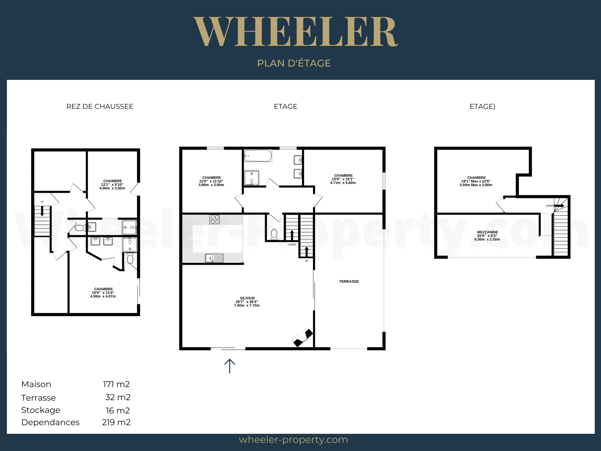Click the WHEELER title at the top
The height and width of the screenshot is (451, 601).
tap(296, 32)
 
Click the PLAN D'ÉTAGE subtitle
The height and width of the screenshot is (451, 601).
tap(294, 63)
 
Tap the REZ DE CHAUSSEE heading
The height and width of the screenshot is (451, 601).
tap(100, 106)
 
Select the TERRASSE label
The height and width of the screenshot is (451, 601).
tap(349, 281)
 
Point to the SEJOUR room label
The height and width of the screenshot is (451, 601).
tap(247, 302)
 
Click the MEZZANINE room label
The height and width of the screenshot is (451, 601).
tap(487, 236)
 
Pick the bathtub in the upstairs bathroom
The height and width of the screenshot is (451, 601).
tap(258, 156)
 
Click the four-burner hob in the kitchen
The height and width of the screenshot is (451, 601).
tap(214, 219)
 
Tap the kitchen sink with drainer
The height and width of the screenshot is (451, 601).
tap(214, 258)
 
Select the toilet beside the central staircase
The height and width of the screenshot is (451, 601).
tap(274, 234)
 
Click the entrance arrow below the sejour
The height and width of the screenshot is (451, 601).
tap(230, 366)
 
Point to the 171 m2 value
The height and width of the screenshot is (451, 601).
tap(116, 384)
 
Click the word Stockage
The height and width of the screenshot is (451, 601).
tap(41, 410)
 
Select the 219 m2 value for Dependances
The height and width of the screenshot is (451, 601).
tap(116, 422)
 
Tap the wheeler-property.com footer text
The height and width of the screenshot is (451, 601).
tap(293, 440)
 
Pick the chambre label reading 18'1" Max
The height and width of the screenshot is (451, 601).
tap(476, 181)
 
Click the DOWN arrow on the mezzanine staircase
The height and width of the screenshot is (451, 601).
tap(559, 206)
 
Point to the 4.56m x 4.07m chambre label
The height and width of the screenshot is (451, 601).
tap(103, 293)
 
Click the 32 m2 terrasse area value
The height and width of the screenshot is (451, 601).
tap(118, 397)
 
